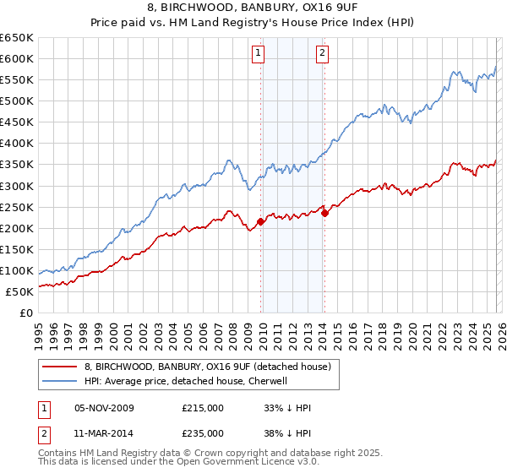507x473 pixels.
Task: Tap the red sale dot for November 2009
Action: tap(260, 221)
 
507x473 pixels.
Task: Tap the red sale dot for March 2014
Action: tap(324, 213)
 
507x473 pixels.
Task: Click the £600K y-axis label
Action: tap(18, 58)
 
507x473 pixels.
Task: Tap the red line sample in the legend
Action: tap(61, 367)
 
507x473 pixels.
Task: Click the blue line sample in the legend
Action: tap(61, 381)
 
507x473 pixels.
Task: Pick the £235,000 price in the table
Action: tap(203, 433)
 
